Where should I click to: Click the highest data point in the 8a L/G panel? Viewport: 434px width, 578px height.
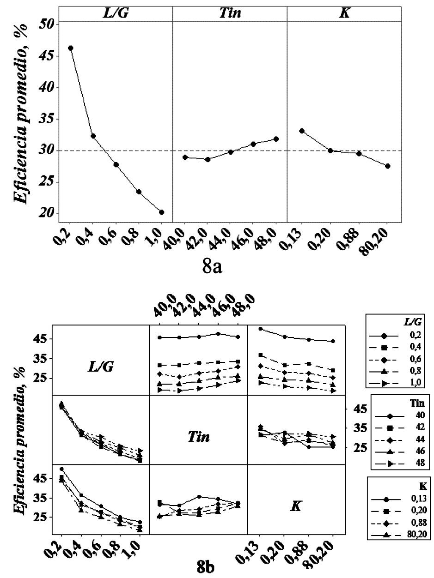click(x=71, y=48)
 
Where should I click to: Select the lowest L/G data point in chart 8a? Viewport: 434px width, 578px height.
click(x=162, y=212)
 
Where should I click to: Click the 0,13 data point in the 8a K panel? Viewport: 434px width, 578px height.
click(x=302, y=131)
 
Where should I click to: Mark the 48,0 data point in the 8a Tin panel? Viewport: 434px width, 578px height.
click(x=276, y=138)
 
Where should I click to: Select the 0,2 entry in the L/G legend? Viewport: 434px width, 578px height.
click(x=405, y=334)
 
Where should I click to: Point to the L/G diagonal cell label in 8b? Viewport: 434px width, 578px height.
click(x=102, y=367)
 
